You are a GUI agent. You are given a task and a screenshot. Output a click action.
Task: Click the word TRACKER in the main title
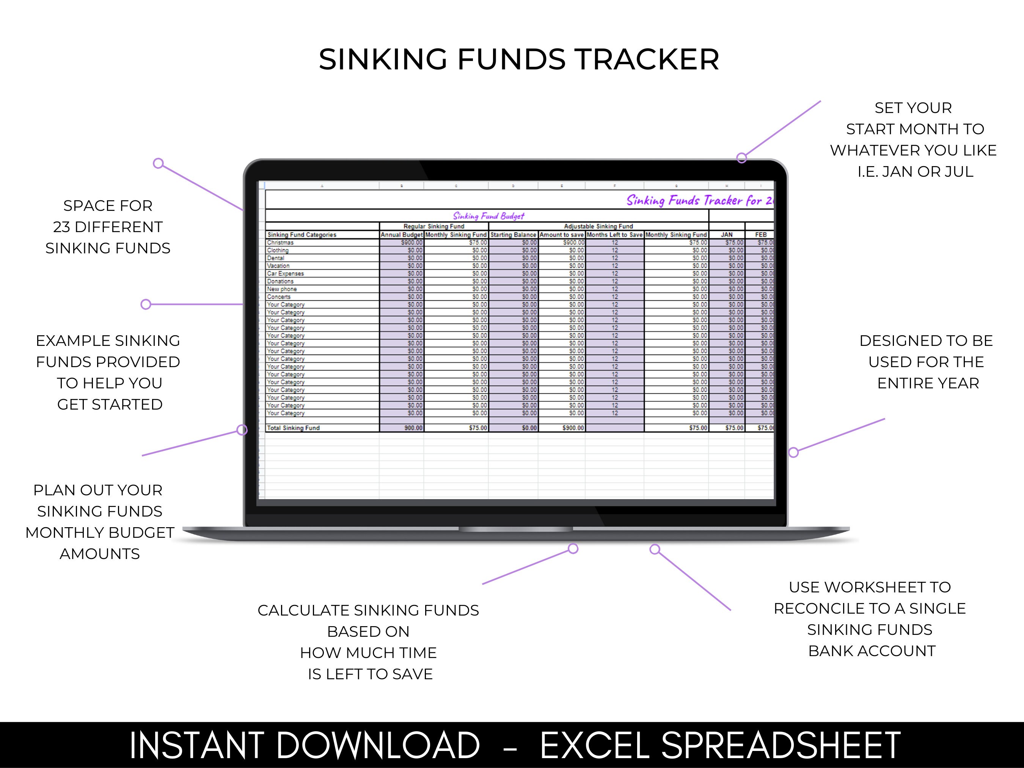pyautogui.click(x=647, y=60)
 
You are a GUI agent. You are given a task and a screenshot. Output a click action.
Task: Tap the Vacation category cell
pyautogui.click(x=278, y=266)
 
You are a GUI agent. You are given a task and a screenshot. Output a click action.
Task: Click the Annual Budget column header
pyautogui.click(x=401, y=235)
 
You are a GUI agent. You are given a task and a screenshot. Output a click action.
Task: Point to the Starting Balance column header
pyautogui.click(x=513, y=235)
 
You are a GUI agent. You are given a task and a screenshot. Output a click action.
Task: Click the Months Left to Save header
pyautogui.click(x=614, y=235)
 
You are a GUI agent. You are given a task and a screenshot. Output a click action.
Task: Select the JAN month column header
pyautogui.click(x=726, y=235)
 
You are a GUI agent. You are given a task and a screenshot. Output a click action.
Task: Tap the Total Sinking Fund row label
pyautogui.click(x=293, y=428)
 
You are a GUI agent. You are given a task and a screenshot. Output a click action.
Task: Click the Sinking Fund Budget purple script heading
pyautogui.click(x=488, y=216)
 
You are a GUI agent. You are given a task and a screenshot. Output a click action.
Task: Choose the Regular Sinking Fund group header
pyautogui.click(x=434, y=226)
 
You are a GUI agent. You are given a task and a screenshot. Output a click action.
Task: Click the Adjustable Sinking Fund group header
pyautogui.click(x=598, y=226)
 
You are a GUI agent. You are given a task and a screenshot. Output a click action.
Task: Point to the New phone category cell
pyautogui.click(x=282, y=289)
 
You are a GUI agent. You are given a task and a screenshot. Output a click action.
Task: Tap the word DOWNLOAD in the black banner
pyautogui.click(x=378, y=745)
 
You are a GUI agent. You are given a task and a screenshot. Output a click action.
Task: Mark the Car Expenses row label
pyautogui.click(x=285, y=273)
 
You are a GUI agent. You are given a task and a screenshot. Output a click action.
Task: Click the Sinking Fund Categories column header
pyautogui.click(x=302, y=235)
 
